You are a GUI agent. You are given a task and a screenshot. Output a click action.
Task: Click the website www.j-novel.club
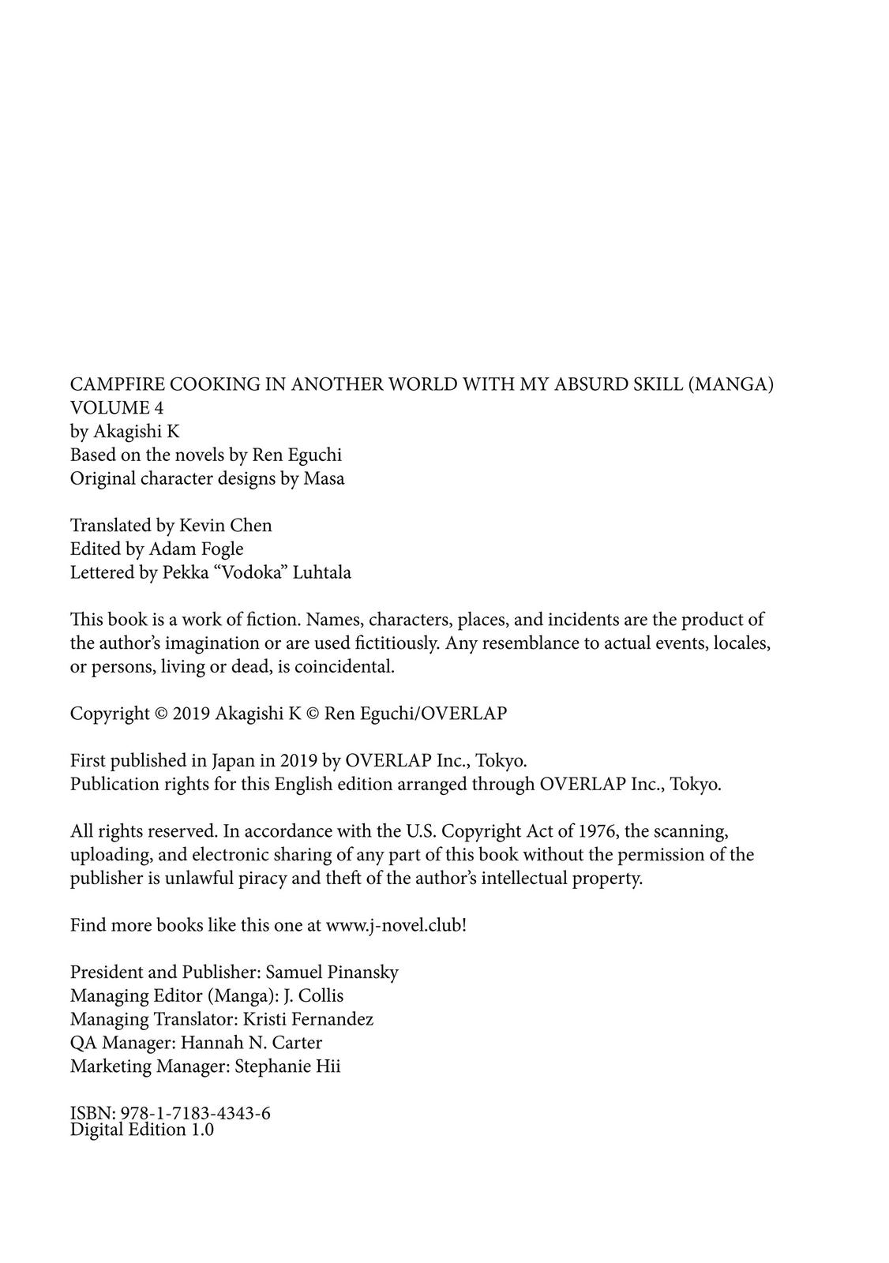pos(394,925)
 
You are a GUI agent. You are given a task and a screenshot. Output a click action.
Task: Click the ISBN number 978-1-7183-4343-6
pos(194,1114)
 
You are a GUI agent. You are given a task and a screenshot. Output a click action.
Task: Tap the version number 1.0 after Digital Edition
pos(201,1130)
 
